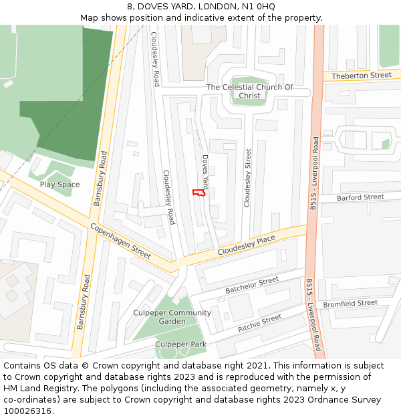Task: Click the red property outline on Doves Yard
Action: click(x=198, y=193)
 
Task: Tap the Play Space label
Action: click(x=59, y=185)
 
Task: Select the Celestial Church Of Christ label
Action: click(x=249, y=92)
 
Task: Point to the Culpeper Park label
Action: click(x=180, y=344)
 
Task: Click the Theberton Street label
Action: click(x=361, y=76)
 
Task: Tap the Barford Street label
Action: click(x=360, y=197)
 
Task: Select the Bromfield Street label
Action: click(x=350, y=304)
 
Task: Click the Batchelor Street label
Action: click(x=252, y=286)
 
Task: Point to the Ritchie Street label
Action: click(x=260, y=324)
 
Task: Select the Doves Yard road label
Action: click(x=206, y=172)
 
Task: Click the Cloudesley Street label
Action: click(x=247, y=178)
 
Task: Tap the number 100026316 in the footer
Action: click(x=28, y=411)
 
